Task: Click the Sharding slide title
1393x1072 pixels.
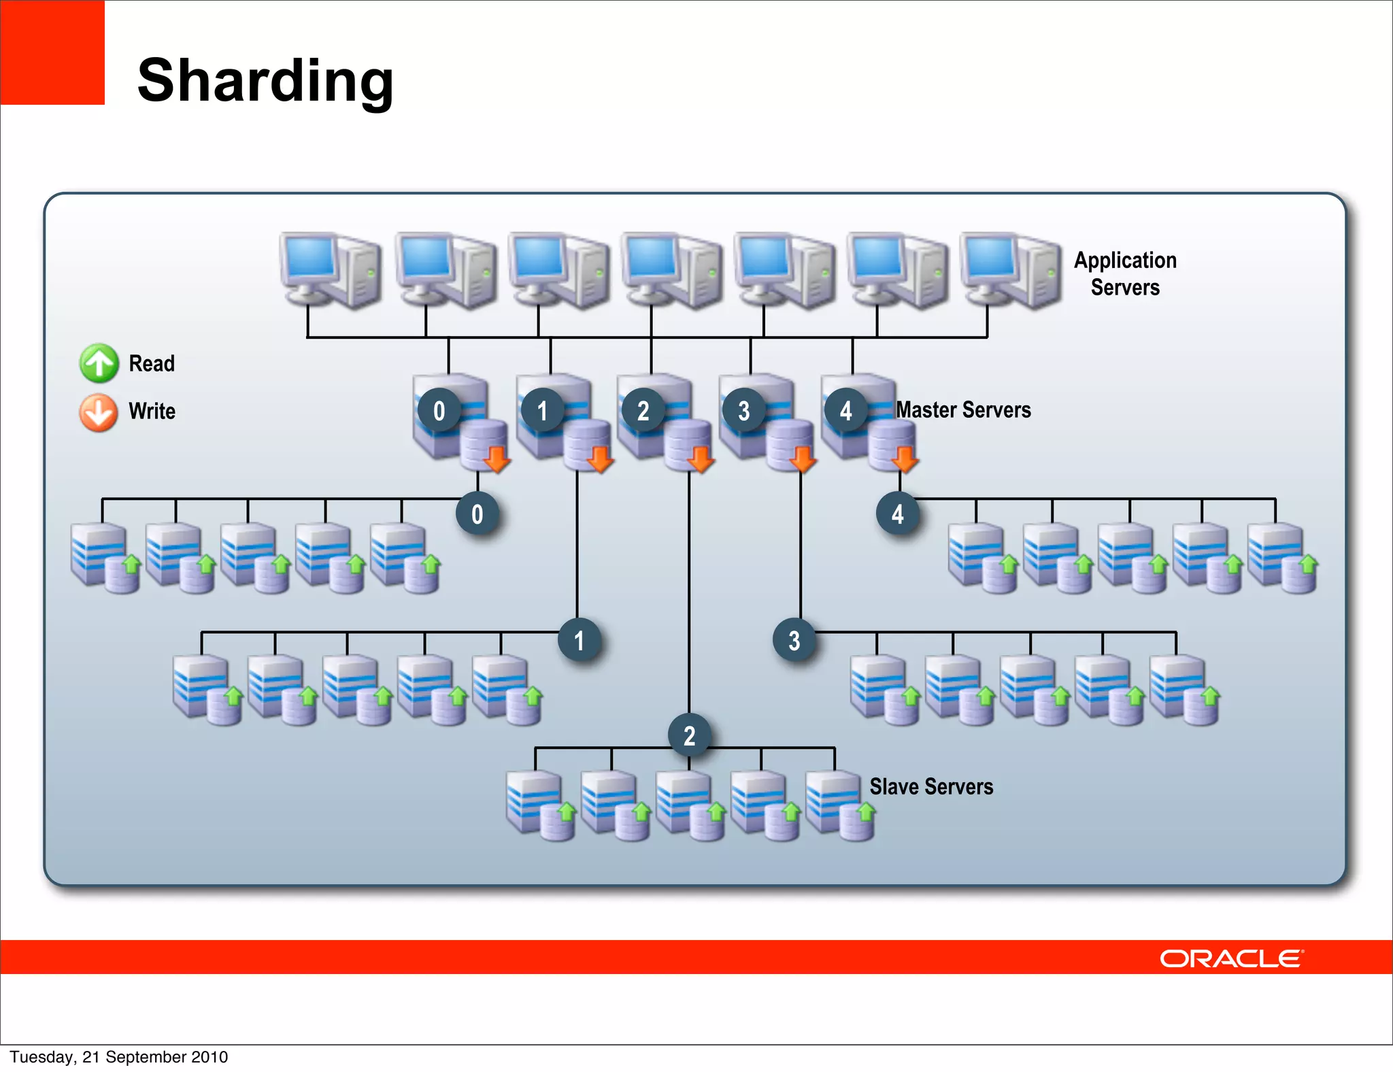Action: click(265, 80)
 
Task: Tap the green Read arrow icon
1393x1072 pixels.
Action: click(99, 363)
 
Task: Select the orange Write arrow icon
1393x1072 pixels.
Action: click(99, 412)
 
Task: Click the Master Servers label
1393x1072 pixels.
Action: click(963, 409)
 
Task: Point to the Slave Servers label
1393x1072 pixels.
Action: click(931, 786)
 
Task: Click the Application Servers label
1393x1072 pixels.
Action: click(1125, 273)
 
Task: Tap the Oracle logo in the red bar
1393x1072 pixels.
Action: click(1231, 958)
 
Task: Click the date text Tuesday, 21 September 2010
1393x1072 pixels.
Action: click(119, 1056)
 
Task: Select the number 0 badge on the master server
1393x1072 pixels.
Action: click(439, 410)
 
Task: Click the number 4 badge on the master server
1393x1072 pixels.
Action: click(845, 410)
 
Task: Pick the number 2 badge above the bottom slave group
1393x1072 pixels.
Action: click(689, 735)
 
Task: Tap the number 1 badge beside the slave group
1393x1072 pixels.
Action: click(579, 640)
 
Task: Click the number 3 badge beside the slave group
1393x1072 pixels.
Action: click(794, 640)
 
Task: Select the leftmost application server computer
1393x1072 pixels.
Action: click(330, 270)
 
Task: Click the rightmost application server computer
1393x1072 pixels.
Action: click(1010, 270)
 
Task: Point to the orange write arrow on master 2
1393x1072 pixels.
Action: click(701, 459)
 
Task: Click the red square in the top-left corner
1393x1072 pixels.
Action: click(52, 52)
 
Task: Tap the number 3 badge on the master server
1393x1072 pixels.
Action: click(743, 410)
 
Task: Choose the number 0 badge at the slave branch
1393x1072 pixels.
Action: click(477, 514)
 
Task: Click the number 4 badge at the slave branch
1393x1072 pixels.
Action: click(898, 514)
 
